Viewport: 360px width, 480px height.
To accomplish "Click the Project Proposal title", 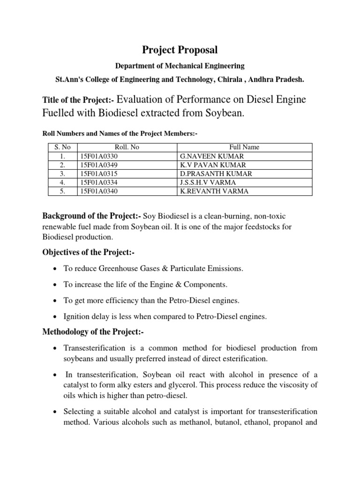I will pos(180,49).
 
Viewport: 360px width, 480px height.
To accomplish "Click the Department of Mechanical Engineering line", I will pos(180,66).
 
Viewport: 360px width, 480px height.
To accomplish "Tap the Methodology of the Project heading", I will pos(93,332).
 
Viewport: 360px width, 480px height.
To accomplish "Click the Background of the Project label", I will pos(92,216).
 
